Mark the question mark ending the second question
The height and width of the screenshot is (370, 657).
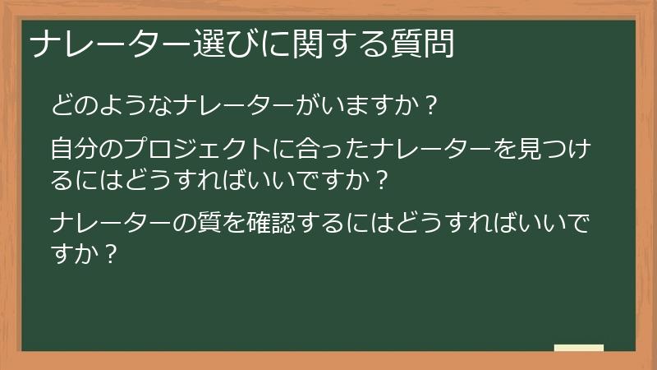point(379,179)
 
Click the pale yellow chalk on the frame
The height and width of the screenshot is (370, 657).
point(579,348)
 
